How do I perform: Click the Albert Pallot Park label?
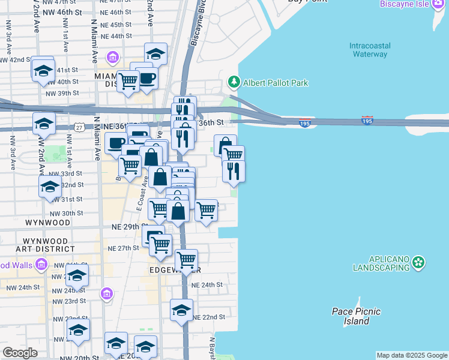click(x=276, y=82)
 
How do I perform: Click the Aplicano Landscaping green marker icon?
click(x=419, y=262)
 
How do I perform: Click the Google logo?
click(x=20, y=352)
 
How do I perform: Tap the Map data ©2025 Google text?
click(x=412, y=355)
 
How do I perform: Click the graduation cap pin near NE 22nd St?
click(x=181, y=310)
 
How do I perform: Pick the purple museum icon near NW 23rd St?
click(x=107, y=293)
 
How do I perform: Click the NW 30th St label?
click(x=66, y=213)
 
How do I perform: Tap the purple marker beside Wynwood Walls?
click(x=41, y=264)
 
